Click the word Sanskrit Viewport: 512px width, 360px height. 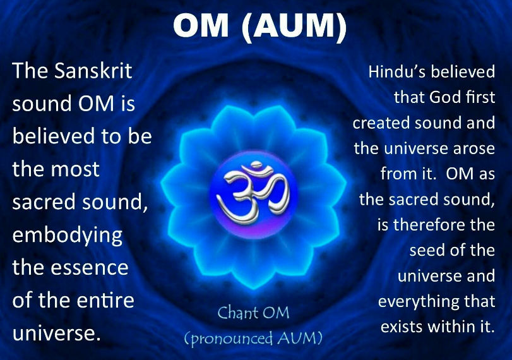pos(93,70)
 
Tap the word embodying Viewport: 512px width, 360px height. pos(68,236)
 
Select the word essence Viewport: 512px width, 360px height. pos(90,268)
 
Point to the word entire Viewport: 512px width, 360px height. pos(106,300)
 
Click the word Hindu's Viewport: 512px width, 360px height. pos(396,71)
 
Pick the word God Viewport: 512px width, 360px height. pos(444,97)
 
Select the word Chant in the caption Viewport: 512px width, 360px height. pos(238,313)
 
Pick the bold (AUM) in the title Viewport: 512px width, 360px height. pos(294,26)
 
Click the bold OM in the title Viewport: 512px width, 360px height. pos(201,25)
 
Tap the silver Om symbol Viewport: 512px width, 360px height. pos(253,193)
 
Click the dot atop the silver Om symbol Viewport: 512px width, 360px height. pos(256,164)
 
